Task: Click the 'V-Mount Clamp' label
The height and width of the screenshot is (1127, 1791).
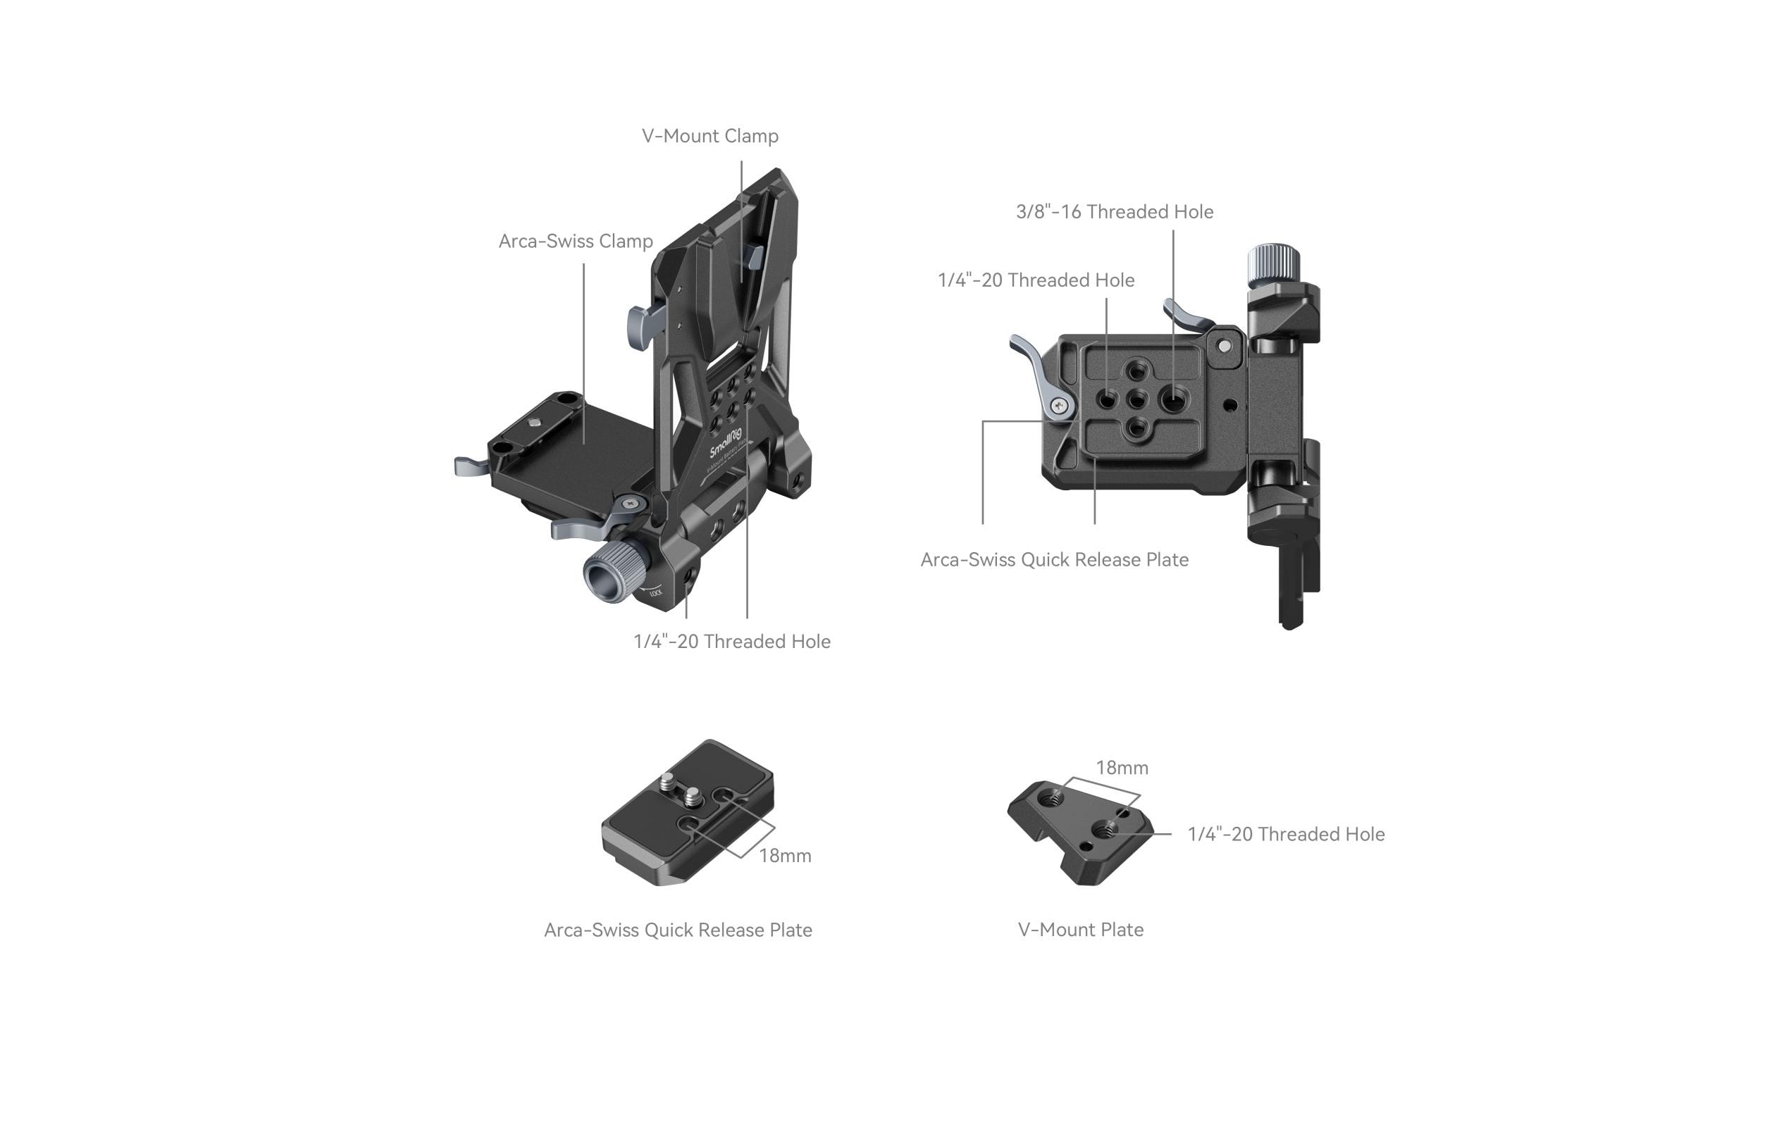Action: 709,136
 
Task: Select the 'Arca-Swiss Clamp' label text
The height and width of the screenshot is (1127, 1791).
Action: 575,241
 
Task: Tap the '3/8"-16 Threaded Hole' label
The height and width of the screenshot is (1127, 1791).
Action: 1114,212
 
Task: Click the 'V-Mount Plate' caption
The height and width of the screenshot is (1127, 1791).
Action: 1080,929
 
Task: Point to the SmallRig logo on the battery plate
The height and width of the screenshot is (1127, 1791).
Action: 725,442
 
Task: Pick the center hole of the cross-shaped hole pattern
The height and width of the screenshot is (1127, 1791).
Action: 1136,400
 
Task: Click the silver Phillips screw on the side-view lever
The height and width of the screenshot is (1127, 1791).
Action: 1060,406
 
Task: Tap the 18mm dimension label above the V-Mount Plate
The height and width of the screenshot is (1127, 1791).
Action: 1122,768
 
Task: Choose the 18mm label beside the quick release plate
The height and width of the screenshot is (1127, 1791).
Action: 785,856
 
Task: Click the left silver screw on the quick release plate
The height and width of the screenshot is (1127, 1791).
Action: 668,781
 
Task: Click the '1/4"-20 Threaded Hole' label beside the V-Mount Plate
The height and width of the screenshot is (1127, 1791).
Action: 1285,834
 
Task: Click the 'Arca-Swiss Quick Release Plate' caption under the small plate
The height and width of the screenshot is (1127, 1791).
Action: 678,930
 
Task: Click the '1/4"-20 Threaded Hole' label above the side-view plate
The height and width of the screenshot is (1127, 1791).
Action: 1035,280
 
